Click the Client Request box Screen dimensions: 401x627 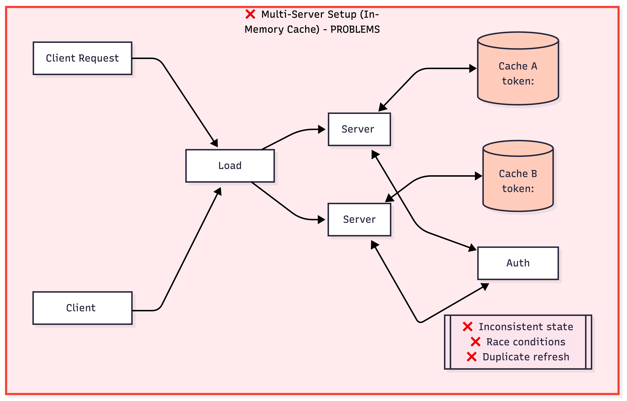pyautogui.click(x=82, y=58)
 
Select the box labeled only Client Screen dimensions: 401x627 pyautogui.click(x=82, y=308)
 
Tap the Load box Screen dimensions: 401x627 pyautogui.click(x=230, y=166)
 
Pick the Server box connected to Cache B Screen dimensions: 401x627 pyautogui.click(x=359, y=219)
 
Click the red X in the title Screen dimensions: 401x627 pyautogui.click(x=250, y=14)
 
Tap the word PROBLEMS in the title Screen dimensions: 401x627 pyautogui.click(x=355, y=29)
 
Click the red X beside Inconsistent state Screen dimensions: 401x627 pyautogui.click(x=468, y=327)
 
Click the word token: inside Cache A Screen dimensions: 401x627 pyautogui.click(x=518, y=81)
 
